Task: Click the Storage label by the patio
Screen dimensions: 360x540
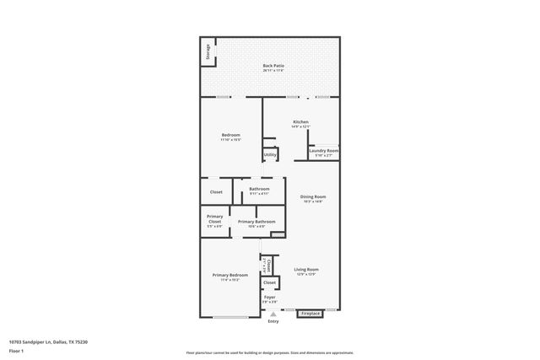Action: point(205,52)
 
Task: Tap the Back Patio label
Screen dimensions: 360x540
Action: point(272,65)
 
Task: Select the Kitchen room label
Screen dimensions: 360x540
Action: point(300,122)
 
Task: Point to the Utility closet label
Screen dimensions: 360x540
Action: point(270,154)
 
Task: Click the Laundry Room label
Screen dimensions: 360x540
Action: point(324,151)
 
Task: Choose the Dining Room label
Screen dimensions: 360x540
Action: point(312,197)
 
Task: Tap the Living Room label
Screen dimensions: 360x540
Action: point(306,270)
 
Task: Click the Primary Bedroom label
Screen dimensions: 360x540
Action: point(229,275)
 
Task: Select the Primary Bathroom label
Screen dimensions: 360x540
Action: point(256,222)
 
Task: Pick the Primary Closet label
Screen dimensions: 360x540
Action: point(214,219)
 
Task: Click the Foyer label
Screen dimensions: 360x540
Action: point(270,298)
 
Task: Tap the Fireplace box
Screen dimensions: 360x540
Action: point(310,314)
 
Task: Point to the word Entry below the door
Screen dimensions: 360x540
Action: point(273,321)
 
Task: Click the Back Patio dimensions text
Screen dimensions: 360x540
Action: point(272,70)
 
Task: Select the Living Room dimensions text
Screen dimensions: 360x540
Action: point(306,275)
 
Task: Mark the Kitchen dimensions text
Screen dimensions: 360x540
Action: point(300,127)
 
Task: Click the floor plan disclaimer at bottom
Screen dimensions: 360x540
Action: point(269,352)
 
